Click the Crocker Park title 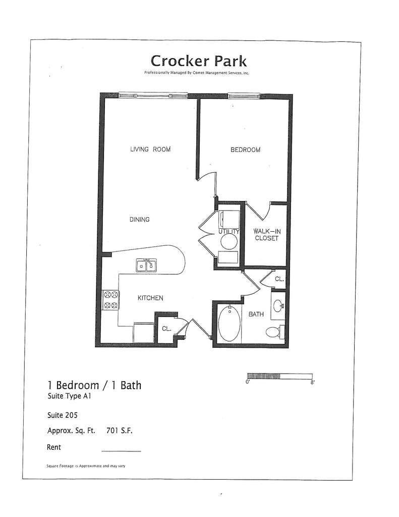tap(199, 61)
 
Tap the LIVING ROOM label tap(150, 149)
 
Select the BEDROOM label tap(246, 150)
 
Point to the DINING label tap(139, 220)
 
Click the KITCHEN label tap(150, 298)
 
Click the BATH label tap(256, 315)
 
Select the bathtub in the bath tap(229, 324)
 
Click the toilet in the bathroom tap(274, 332)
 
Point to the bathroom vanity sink tap(278, 305)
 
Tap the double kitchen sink tap(146, 265)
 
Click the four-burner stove tap(110, 300)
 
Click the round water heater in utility tap(229, 241)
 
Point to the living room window tap(153, 95)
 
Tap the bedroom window tap(244, 95)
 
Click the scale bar tap(279, 376)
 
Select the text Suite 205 tap(62, 416)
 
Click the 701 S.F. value tap(120, 431)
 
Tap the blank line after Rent tap(121, 450)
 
